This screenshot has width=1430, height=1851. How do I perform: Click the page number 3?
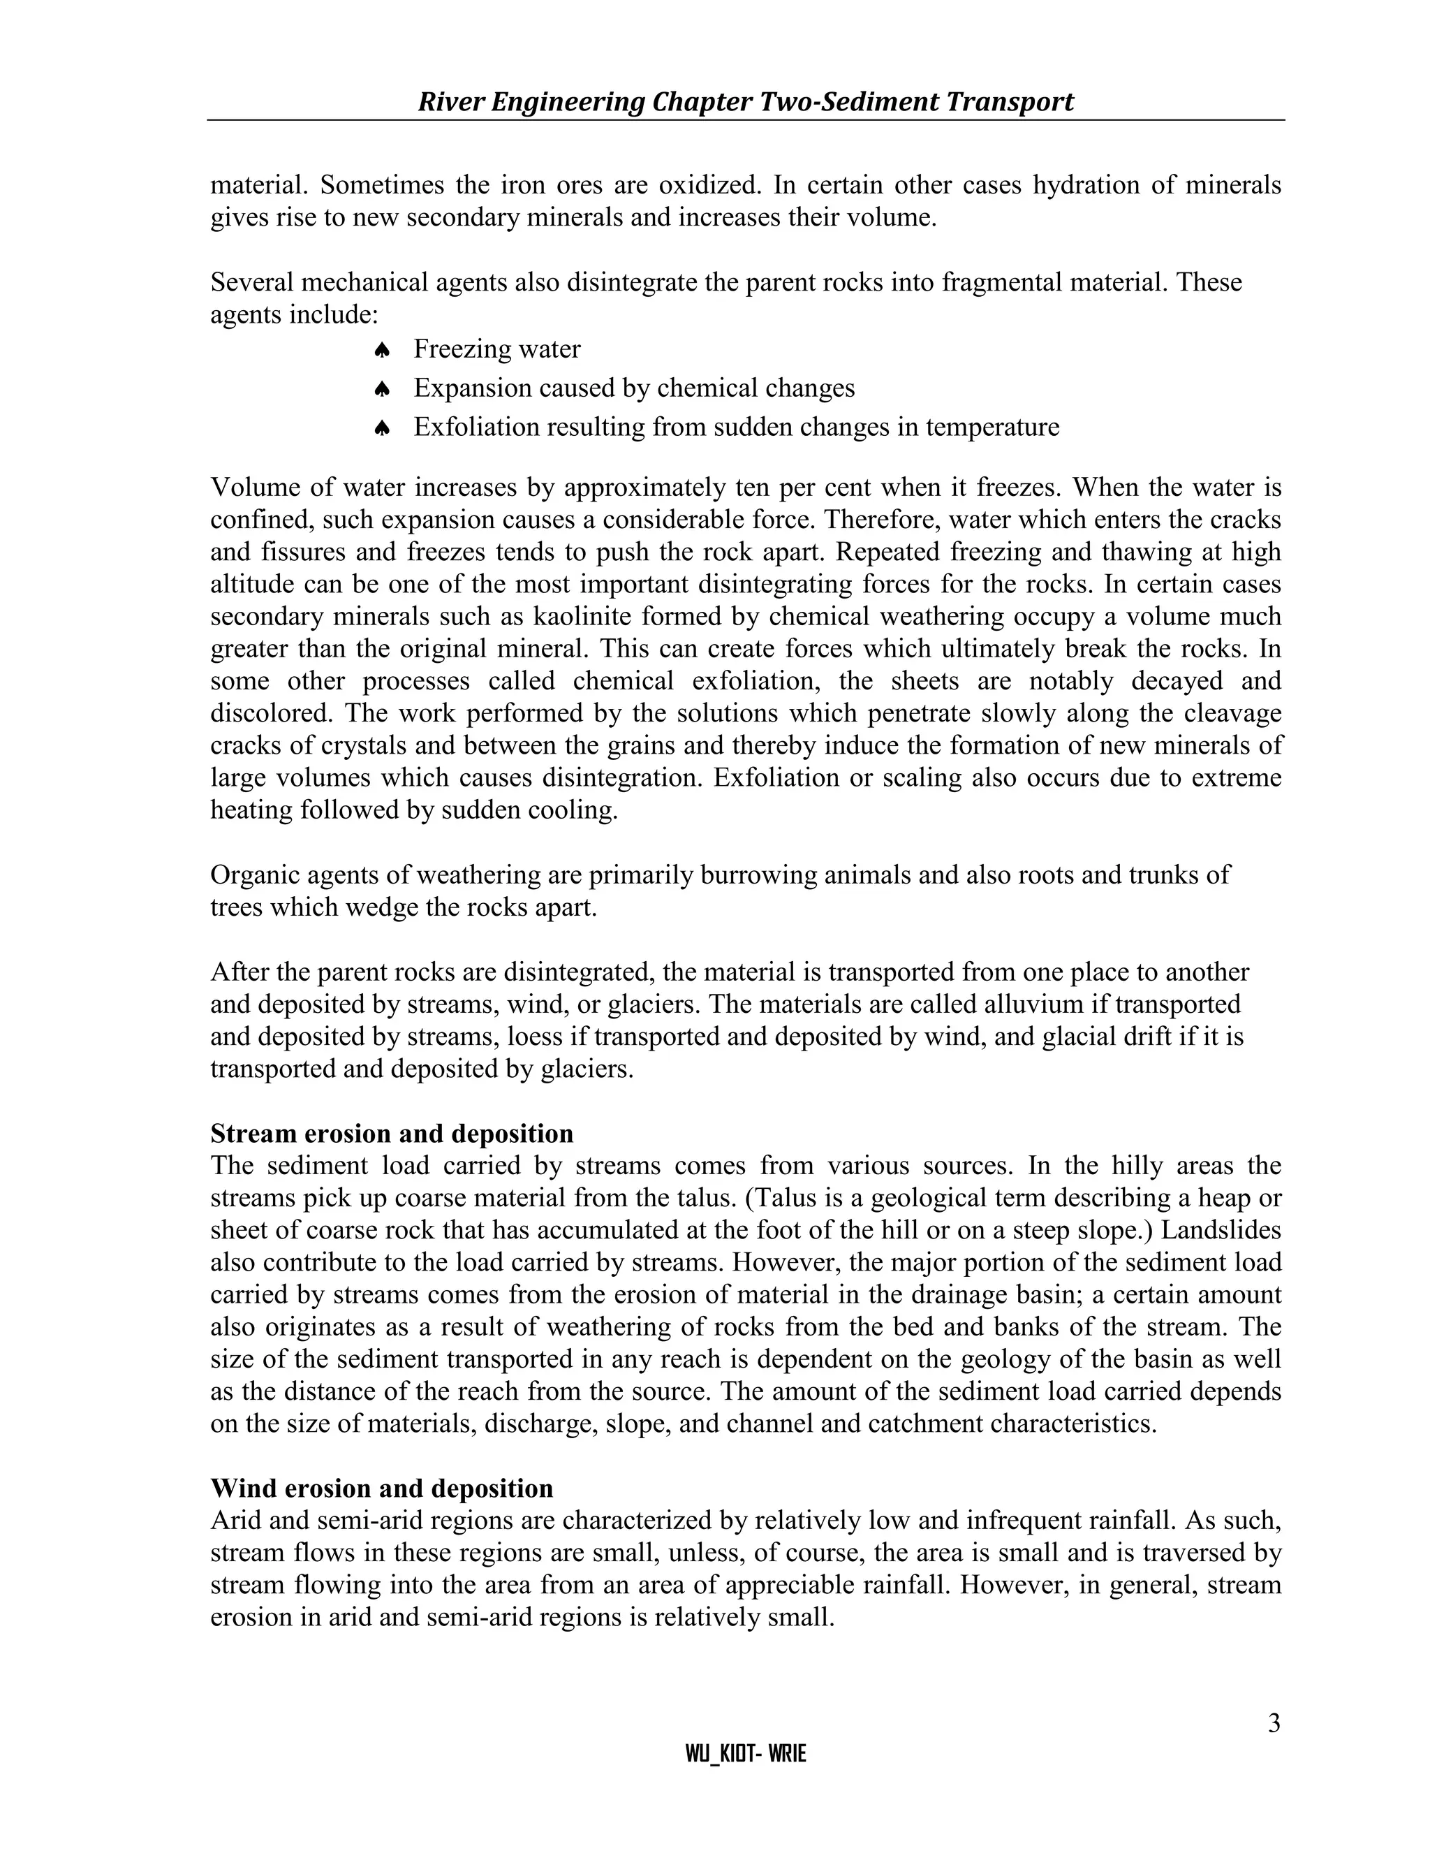coord(1274,1723)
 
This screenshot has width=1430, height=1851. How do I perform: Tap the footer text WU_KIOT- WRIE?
coord(746,1755)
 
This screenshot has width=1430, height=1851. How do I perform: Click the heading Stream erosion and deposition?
coord(392,1133)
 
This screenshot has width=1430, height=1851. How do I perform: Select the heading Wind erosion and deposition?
coord(381,1488)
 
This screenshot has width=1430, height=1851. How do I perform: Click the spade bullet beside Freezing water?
coord(381,350)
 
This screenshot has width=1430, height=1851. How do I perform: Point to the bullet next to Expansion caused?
coord(381,389)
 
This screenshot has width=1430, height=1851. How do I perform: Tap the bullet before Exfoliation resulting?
coord(381,428)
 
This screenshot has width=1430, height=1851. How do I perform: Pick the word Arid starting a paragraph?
coord(235,1521)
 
